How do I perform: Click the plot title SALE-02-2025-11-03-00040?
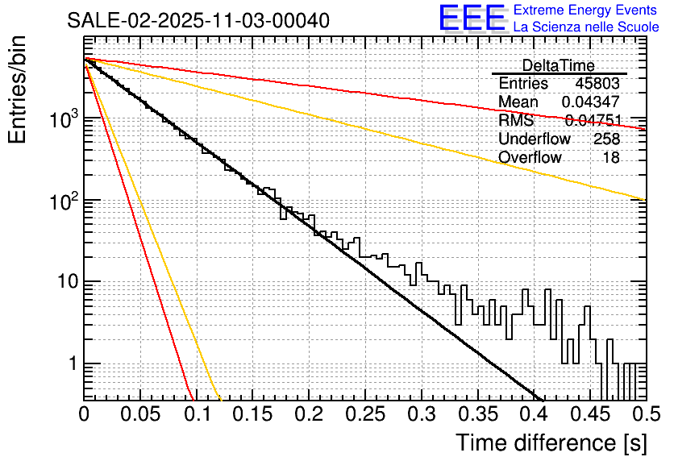(x=198, y=20)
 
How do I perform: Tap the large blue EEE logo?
(x=471, y=19)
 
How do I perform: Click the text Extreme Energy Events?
(x=586, y=10)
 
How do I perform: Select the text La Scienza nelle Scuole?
(x=586, y=27)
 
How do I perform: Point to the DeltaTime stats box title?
(x=559, y=65)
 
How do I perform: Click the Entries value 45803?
(x=597, y=84)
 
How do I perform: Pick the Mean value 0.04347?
(x=591, y=102)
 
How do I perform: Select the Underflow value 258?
(x=606, y=139)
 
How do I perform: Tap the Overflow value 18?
(x=611, y=158)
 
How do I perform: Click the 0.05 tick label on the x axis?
(x=140, y=414)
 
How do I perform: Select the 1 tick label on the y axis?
(x=71, y=364)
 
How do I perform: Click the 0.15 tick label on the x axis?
(x=252, y=414)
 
